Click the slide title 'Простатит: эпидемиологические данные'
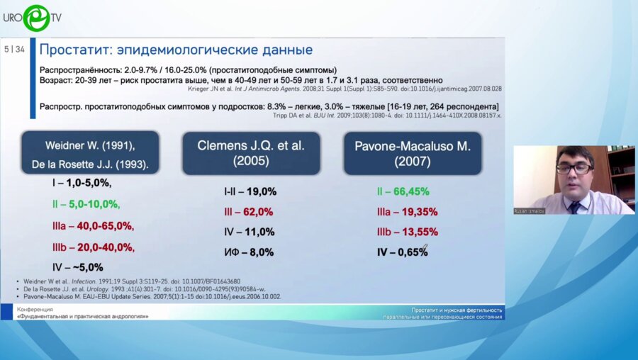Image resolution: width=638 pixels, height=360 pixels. coord(176,50)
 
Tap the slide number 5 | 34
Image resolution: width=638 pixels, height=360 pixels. coord(14,49)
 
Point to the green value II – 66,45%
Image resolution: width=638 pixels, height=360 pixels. coord(403,191)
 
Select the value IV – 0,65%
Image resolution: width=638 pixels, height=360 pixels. coord(401,251)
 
